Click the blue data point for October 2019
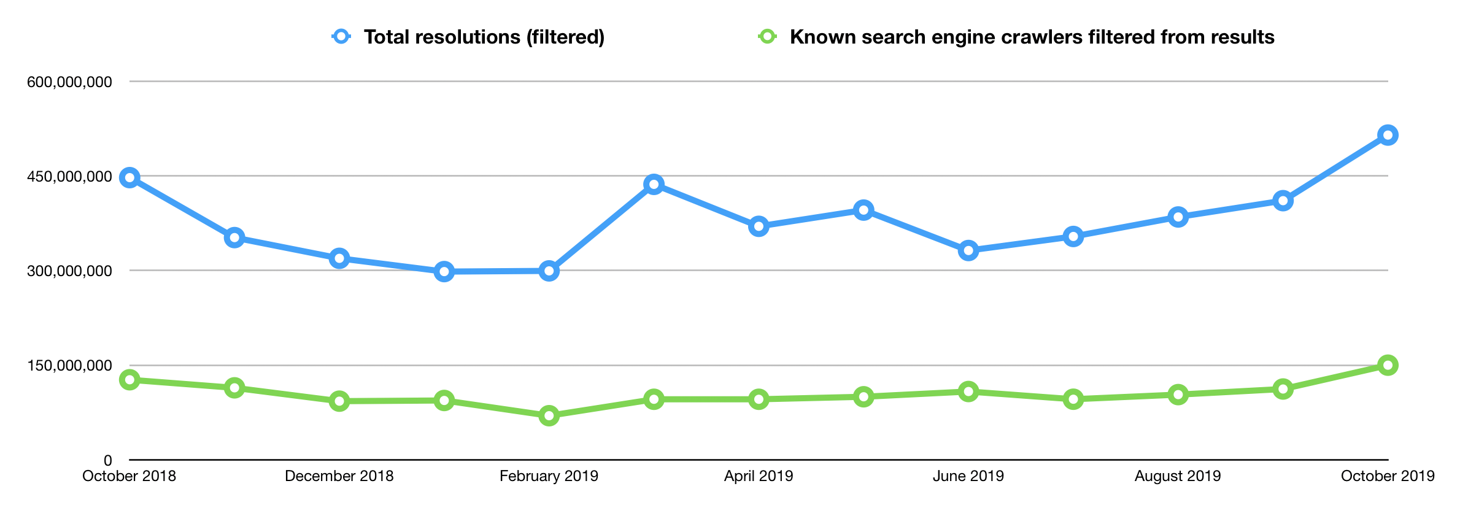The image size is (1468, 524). tap(1388, 135)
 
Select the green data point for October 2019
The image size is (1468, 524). tap(1388, 366)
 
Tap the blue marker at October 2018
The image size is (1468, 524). tap(129, 178)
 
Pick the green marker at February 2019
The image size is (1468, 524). tap(549, 416)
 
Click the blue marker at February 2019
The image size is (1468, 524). tap(549, 271)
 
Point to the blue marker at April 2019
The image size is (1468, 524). tap(759, 226)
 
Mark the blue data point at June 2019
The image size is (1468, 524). tap(968, 250)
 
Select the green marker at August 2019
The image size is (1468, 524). tap(1178, 395)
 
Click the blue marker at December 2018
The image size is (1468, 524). tap(339, 258)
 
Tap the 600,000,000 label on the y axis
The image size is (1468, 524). tap(69, 82)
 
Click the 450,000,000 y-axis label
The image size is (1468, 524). tap(69, 177)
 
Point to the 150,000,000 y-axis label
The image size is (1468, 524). tap(69, 366)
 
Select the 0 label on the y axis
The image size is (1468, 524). tap(108, 460)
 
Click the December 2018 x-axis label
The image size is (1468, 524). tap(339, 476)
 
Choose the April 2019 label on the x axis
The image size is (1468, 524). tap(759, 476)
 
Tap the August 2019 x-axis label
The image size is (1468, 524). tap(1178, 476)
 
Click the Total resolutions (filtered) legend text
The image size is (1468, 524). tap(484, 37)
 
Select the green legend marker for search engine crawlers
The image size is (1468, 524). tap(767, 36)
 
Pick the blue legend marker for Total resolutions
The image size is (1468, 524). tap(341, 36)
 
